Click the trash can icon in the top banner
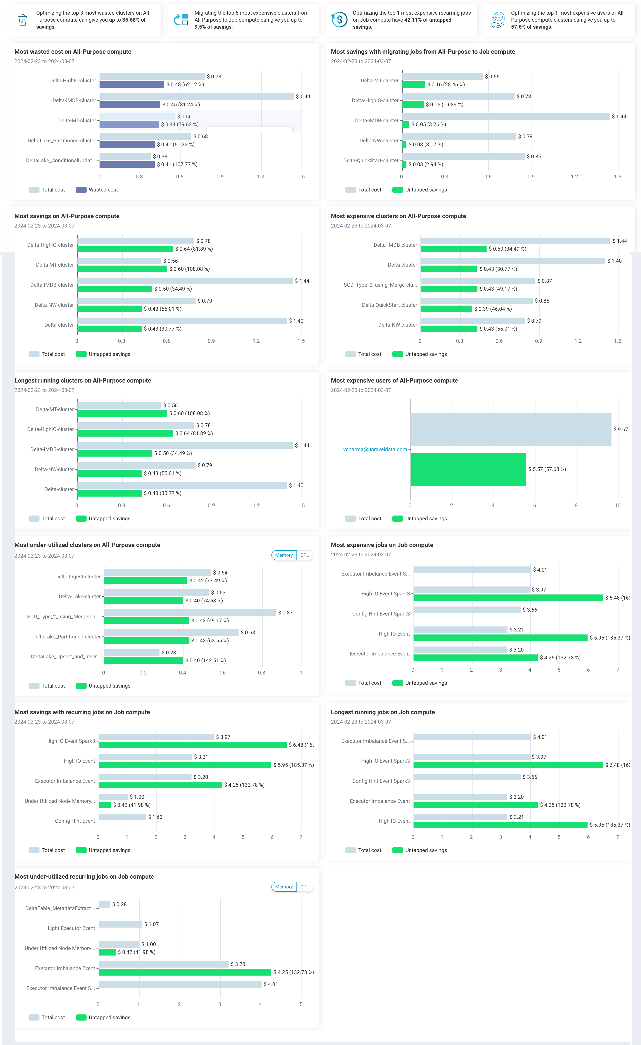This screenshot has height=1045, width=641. pyautogui.click(x=23, y=20)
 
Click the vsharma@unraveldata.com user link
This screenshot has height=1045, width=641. pyautogui.click(x=375, y=449)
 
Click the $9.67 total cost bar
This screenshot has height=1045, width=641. pyautogui.click(x=511, y=429)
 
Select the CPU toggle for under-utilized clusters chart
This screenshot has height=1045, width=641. pyautogui.click(x=305, y=555)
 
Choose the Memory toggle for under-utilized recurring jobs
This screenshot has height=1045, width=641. pyautogui.click(x=284, y=887)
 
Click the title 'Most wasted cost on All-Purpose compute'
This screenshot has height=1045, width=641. pyautogui.click(x=73, y=52)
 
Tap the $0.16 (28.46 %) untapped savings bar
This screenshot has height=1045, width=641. pyautogui.click(x=414, y=84)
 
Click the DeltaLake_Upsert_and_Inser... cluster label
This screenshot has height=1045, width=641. pyautogui.click(x=66, y=657)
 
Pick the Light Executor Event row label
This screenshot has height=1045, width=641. pyautogui.click(x=71, y=928)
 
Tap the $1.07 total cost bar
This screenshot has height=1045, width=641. pyautogui.click(x=120, y=924)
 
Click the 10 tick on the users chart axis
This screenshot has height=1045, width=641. pyautogui.click(x=617, y=505)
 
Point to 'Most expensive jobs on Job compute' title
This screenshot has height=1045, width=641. pyautogui.click(x=382, y=545)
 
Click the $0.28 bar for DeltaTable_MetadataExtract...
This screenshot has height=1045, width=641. pyautogui.click(x=104, y=904)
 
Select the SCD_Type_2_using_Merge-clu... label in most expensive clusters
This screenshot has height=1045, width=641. pyautogui.click(x=380, y=285)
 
